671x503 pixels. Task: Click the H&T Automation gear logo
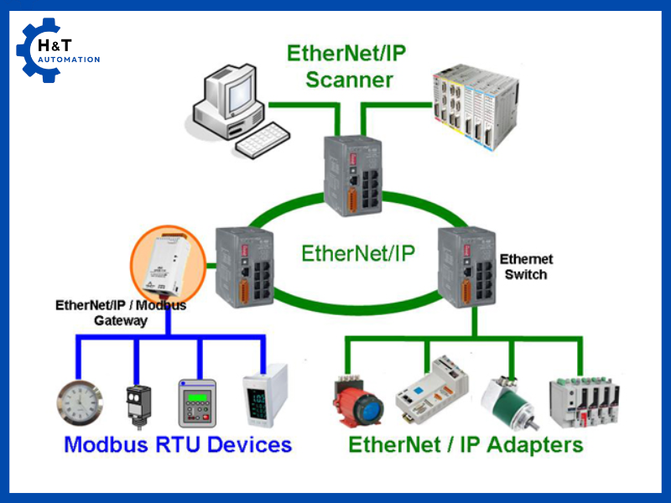pos(37,50)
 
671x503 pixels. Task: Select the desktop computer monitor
pos(228,94)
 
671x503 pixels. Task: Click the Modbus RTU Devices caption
pos(178,444)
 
